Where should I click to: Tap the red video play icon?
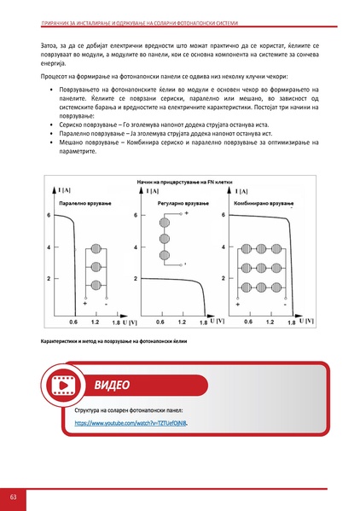tap(64, 386)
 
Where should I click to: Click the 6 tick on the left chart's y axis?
tap(49, 216)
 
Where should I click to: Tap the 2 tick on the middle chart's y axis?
tap(136, 278)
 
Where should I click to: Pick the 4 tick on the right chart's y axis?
tap(224, 247)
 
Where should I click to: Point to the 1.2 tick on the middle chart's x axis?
tap(182, 323)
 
